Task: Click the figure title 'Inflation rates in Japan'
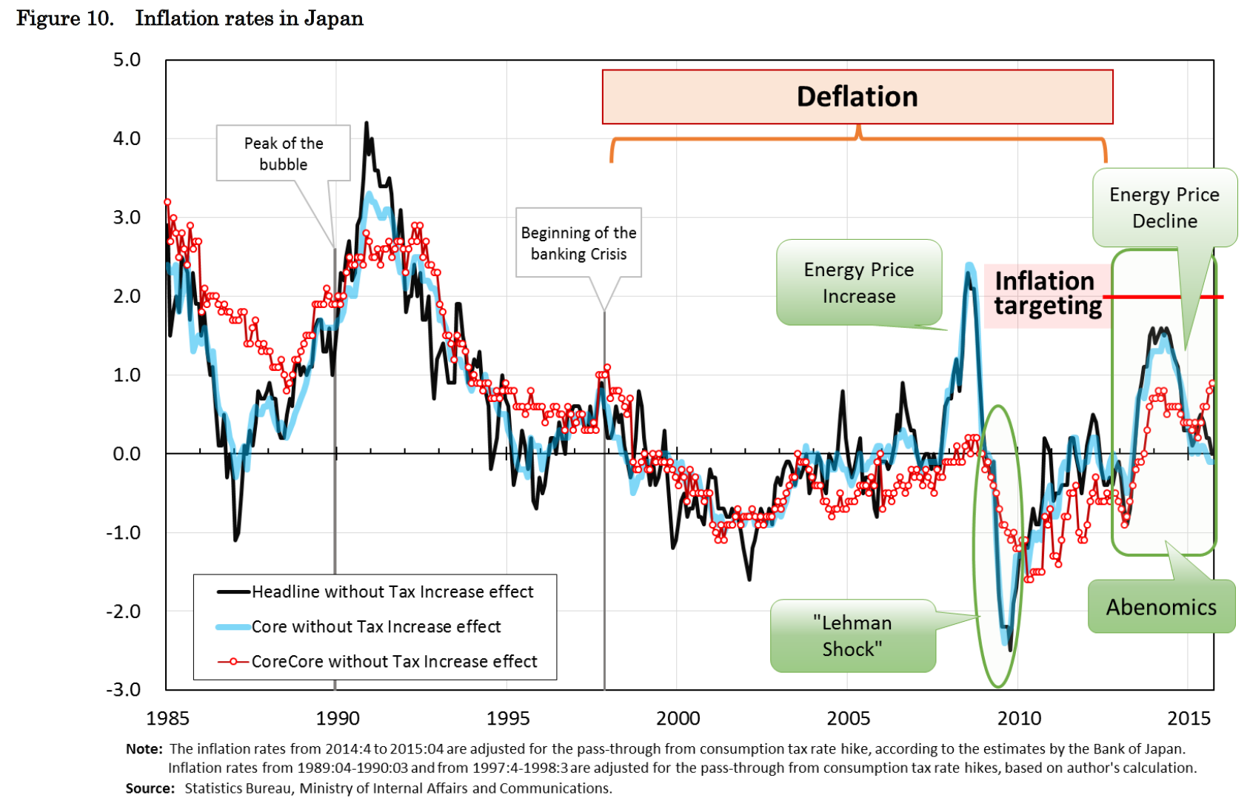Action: coord(249,19)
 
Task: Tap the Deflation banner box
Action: coord(857,97)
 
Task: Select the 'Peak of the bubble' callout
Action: coord(283,153)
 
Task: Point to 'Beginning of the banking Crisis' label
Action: coord(578,243)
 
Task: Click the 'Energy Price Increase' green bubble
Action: coord(858,283)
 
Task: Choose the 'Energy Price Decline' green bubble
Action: coord(1164,208)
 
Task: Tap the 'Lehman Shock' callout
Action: coord(852,636)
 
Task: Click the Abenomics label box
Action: coord(1160,607)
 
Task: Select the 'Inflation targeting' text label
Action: coord(1046,293)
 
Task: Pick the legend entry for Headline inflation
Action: coord(392,591)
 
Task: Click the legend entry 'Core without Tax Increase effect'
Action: coord(375,627)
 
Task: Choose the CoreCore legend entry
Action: coord(393,661)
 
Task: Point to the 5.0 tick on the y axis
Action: coord(127,60)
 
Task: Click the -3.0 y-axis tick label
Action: coord(124,690)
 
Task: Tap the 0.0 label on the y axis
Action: coord(127,454)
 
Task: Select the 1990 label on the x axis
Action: coord(338,718)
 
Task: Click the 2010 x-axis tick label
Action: coord(1019,718)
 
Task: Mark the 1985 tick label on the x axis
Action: coord(168,718)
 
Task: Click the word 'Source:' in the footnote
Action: coord(150,788)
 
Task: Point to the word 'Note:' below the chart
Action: coord(144,749)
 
